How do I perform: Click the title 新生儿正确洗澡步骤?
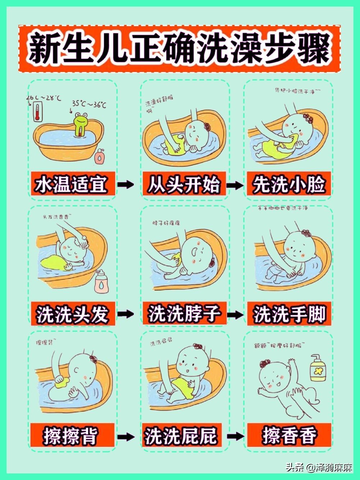pyautogui.click(x=179, y=49)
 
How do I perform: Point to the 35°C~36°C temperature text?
pyautogui.click(x=89, y=104)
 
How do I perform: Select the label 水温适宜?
pyautogui.click(x=72, y=185)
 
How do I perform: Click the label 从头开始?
pyautogui.click(x=184, y=185)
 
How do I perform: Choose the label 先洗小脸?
pyautogui.click(x=288, y=185)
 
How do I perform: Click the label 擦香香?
pyautogui.click(x=289, y=436)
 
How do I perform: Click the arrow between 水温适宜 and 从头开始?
pyautogui.click(x=126, y=185)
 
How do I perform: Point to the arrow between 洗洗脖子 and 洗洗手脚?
pyautogui.click(x=235, y=314)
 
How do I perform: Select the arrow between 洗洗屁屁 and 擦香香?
pyautogui.click(x=235, y=436)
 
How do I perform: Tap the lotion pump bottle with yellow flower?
pyautogui.click(x=318, y=369)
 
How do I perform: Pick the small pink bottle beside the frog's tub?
pyautogui.click(x=99, y=157)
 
